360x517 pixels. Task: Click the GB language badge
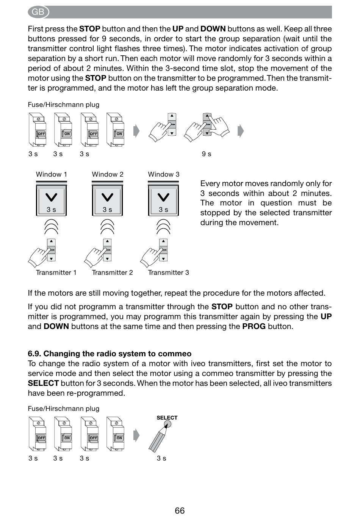point(38,12)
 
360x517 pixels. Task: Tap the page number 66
point(180,511)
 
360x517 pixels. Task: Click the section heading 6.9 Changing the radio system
point(110,353)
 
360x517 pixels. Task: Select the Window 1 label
point(51,174)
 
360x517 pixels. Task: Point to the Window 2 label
point(108,174)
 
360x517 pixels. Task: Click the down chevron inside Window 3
point(163,197)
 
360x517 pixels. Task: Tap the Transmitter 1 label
point(56,273)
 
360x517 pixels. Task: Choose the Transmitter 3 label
point(169,273)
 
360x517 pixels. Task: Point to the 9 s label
point(207,154)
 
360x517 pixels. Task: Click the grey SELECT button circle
point(167,424)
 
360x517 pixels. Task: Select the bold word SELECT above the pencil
point(167,418)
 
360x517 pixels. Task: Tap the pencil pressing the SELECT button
point(158,438)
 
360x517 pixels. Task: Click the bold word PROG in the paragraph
point(254,326)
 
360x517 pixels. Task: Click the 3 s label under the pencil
point(161,458)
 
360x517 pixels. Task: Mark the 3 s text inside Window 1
point(51,210)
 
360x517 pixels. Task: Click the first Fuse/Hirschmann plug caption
point(64,105)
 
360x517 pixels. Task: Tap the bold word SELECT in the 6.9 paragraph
point(43,383)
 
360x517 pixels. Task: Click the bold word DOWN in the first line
point(213,29)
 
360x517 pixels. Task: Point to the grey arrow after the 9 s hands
point(241,131)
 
